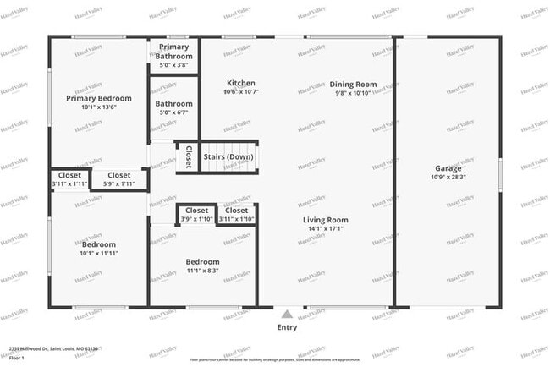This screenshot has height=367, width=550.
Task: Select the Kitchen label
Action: pyautogui.click(x=241, y=83)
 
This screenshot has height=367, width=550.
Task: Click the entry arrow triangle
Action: pyautogui.click(x=287, y=312)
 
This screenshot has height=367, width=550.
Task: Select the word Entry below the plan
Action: pyautogui.click(x=287, y=326)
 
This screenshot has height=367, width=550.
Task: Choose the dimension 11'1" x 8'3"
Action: pyautogui.click(x=202, y=271)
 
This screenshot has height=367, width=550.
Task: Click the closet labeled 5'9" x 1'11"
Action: pyautogui.click(x=119, y=183)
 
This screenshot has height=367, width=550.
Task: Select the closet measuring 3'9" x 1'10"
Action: pyautogui.click(x=196, y=219)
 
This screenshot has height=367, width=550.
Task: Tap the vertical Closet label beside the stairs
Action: pyautogui.click(x=188, y=157)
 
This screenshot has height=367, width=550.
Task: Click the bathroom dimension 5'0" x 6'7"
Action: pyautogui.click(x=173, y=112)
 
